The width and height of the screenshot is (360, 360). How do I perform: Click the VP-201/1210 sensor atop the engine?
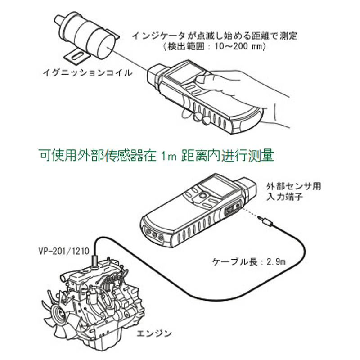coord(95,260)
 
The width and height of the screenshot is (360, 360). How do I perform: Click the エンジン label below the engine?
coord(154,333)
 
